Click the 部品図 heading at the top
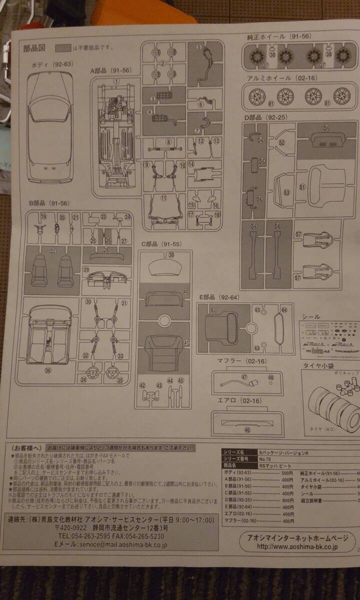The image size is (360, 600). (34, 48)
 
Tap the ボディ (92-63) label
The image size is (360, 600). (52, 64)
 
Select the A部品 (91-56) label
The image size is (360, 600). (110, 71)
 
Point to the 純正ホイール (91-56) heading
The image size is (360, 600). (278, 37)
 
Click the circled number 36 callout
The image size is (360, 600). (47, 370)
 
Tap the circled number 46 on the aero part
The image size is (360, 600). (246, 430)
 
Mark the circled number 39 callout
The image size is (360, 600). (171, 255)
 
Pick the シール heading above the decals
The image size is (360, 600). (311, 316)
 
